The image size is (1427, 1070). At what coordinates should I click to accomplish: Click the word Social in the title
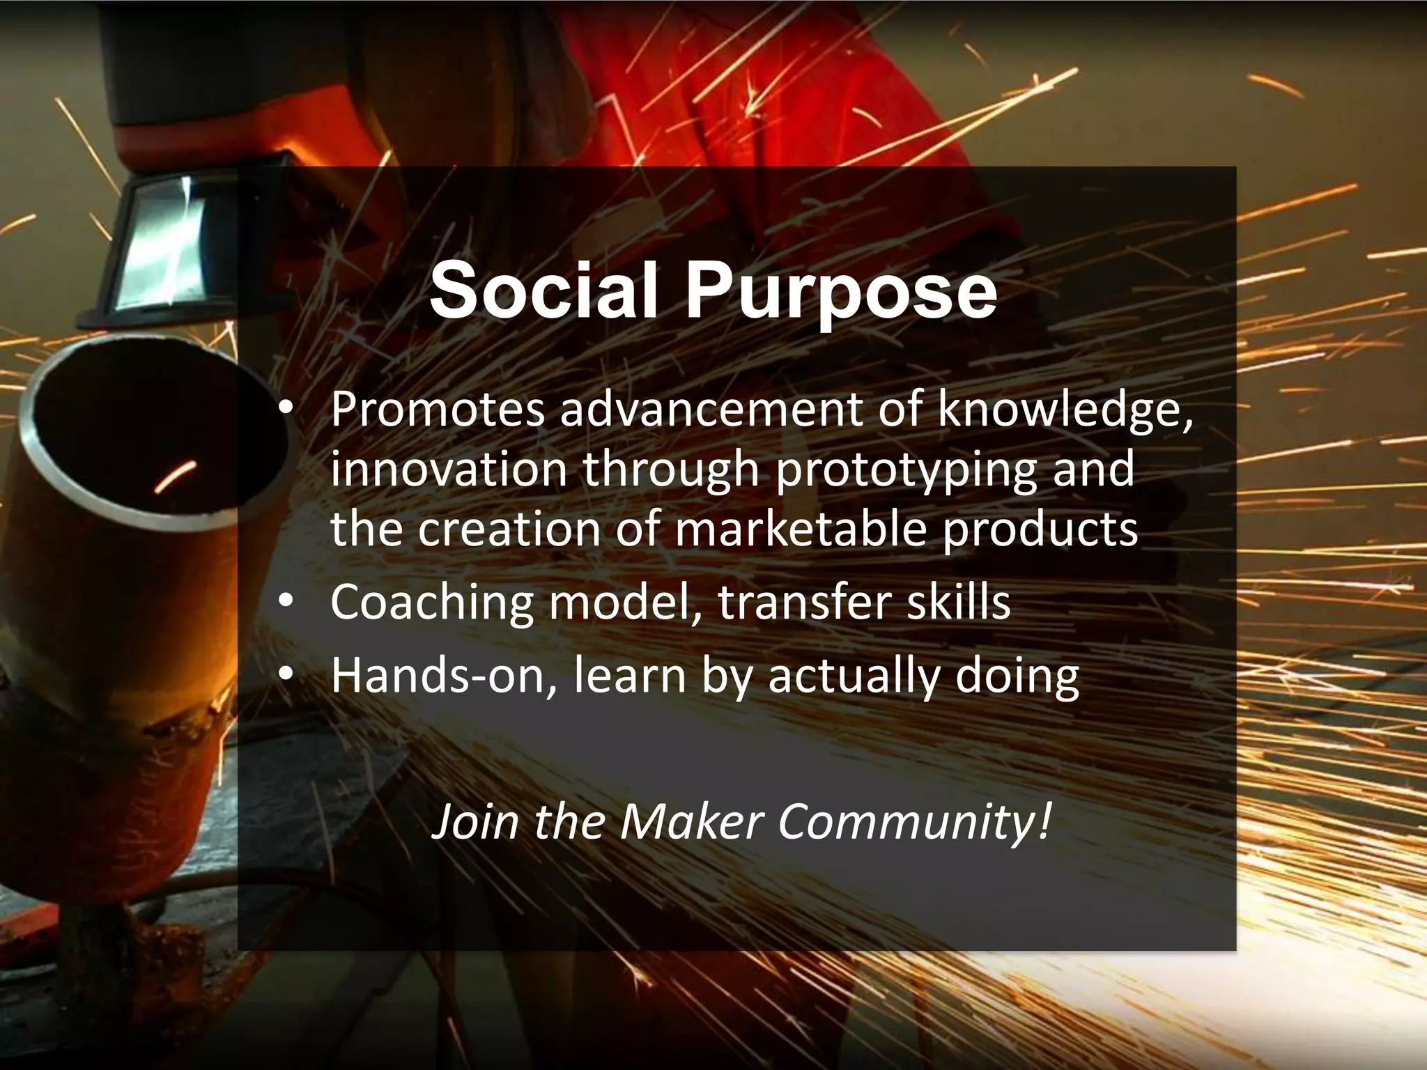point(543,290)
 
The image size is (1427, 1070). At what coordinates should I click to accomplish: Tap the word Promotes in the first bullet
point(437,410)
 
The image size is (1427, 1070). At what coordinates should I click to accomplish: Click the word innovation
point(449,470)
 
